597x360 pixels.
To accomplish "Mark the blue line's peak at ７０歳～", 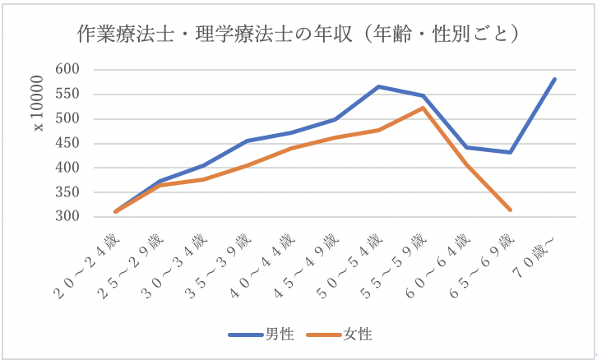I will tap(555, 79).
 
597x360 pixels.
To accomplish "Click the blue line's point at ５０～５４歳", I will tap(377, 86).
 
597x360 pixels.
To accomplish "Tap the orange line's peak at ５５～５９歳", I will tap(422, 108).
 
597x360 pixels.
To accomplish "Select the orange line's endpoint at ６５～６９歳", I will tap(511, 210).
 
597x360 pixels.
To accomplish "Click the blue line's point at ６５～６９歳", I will tap(511, 152).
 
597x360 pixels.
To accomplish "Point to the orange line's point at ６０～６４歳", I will tap(466, 164).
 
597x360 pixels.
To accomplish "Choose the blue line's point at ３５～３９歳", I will tap(244, 141).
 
